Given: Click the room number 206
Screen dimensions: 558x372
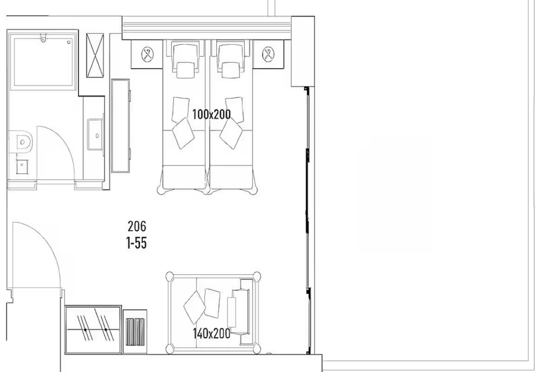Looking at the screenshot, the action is pos(137,226).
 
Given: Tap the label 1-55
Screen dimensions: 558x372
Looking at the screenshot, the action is pos(137,243).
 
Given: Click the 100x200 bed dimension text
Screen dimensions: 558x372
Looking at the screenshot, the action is pos(211,114).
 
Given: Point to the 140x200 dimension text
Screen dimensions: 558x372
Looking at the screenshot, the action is pos(211,333).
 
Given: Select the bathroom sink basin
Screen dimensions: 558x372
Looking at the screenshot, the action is pos(95,135).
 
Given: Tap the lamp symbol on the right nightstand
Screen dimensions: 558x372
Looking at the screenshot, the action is pos(268,54).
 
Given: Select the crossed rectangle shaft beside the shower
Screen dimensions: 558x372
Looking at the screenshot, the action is pos(95,55).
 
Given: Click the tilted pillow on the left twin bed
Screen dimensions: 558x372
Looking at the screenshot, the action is pos(183,133).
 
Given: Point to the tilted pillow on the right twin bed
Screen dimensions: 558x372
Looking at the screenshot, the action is pos(231,133).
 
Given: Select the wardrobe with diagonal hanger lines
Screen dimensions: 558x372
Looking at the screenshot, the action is pos(93,330).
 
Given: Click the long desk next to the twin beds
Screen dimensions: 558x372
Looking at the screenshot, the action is pos(120,126).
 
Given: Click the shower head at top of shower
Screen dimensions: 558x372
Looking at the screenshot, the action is pos(43,37).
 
